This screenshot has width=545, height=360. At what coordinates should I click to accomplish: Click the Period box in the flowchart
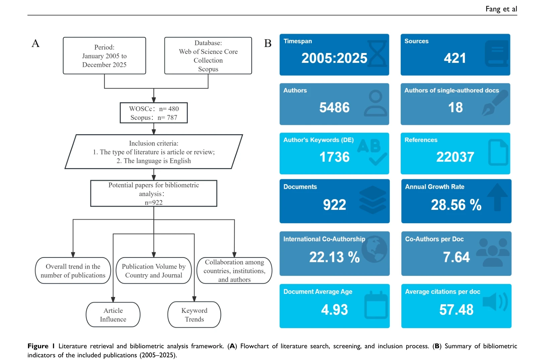coord(105,56)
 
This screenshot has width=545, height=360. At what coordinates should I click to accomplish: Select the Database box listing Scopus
coord(208,56)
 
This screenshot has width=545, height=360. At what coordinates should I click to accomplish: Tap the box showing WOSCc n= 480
coord(154,113)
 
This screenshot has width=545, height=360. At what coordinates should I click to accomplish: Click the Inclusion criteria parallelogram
coord(154,152)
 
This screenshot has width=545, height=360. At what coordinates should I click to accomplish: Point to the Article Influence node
coord(113,314)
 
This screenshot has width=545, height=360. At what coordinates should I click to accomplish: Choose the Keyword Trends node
coord(194,314)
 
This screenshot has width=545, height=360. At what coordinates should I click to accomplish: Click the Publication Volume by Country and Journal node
coord(154,271)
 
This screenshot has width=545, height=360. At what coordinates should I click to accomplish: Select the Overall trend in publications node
coord(73,271)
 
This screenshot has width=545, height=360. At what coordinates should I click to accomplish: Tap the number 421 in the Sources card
coord(455,58)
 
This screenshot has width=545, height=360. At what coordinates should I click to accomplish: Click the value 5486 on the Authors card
coord(334,108)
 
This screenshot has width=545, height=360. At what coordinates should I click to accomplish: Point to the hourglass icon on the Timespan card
coord(377,54)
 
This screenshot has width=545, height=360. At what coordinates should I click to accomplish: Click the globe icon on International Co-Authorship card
coord(374,249)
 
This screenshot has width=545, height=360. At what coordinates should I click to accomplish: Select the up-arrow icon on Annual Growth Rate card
coord(497,197)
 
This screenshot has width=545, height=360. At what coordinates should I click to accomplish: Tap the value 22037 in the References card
coord(455,157)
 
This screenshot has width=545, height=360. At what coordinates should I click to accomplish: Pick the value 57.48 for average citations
coord(457,310)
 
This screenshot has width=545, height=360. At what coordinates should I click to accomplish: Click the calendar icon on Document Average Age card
coord(376,305)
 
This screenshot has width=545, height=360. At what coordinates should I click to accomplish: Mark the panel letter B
coord(268,43)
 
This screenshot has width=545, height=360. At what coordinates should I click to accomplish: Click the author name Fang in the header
coord(493,9)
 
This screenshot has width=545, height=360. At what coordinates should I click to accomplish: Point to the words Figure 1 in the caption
coord(41,346)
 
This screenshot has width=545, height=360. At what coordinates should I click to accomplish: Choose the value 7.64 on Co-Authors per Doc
coord(456,257)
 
